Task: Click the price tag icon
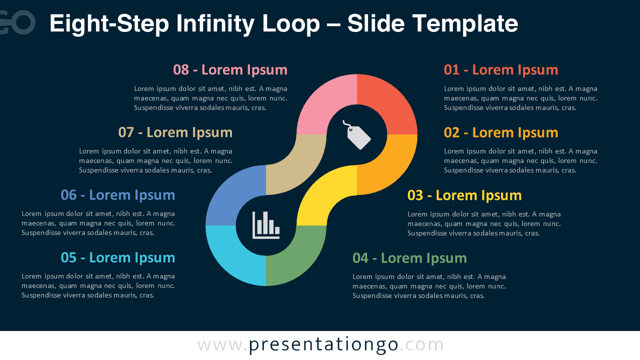click(x=357, y=134)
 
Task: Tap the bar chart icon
click(x=266, y=225)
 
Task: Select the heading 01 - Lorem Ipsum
click(x=501, y=70)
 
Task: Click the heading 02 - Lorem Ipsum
click(x=501, y=132)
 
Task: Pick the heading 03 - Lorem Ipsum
click(x=464, y=195)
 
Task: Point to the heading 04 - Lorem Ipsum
click(x=409, y=258)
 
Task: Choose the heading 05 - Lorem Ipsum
click(x=118, y=258)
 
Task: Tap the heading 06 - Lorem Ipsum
click(x=118, y=195)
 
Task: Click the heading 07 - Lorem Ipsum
click(x=175, y=132)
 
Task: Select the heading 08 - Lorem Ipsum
click(x=230, y=70)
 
